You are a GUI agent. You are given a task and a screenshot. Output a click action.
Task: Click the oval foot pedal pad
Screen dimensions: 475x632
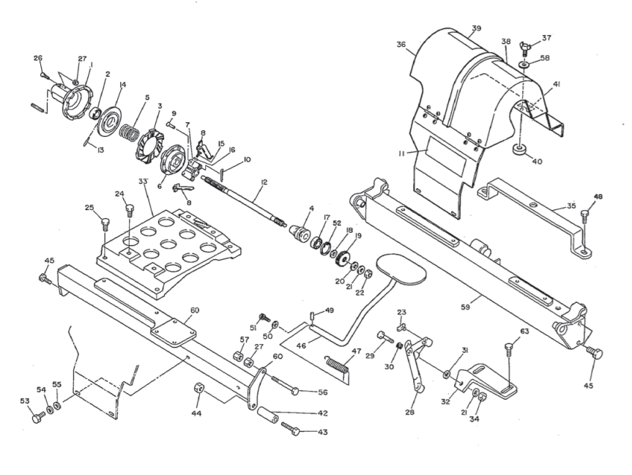[399, 269]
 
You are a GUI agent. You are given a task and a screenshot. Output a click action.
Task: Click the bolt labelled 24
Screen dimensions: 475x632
[130, 212]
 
